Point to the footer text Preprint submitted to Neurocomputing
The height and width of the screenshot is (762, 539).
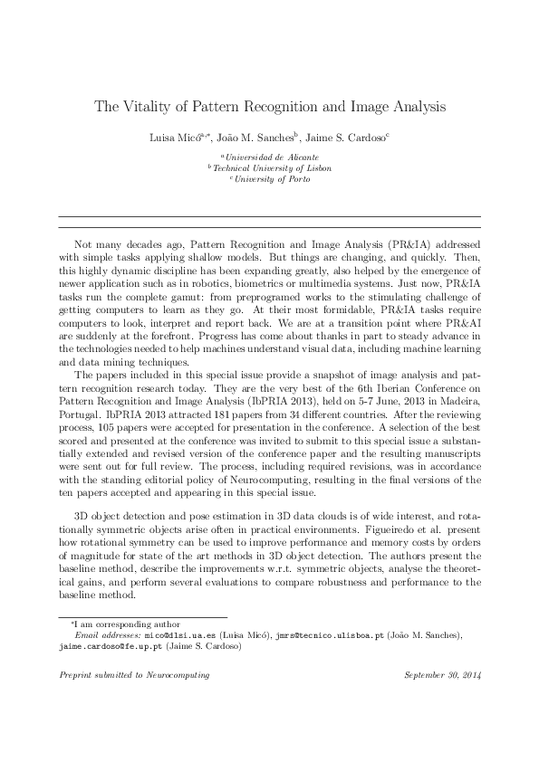pyautogui.click(x=133, y=675)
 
